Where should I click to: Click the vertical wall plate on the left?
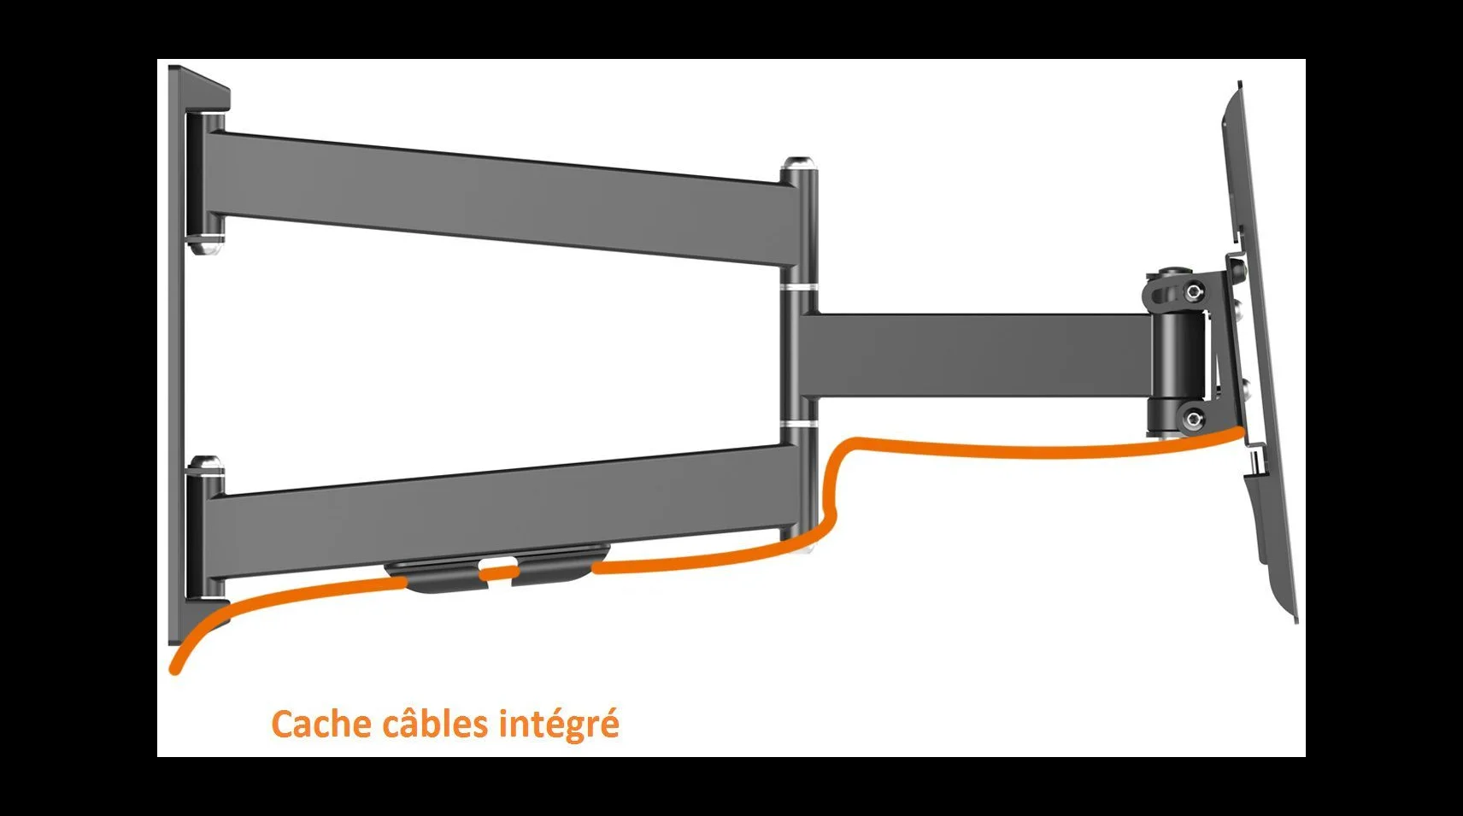(x=176, y=353)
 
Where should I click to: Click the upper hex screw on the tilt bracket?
(x=1195, y=291)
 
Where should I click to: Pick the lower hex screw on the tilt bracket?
(x=1193, y=419)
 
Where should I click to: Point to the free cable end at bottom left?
(x=175, y=668)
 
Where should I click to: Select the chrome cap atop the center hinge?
(x=797, y=162)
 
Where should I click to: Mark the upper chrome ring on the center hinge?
(x=798, y=288)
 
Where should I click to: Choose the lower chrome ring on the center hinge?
(x=798, y=425)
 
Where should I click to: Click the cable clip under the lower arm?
(x=496, y=568)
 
